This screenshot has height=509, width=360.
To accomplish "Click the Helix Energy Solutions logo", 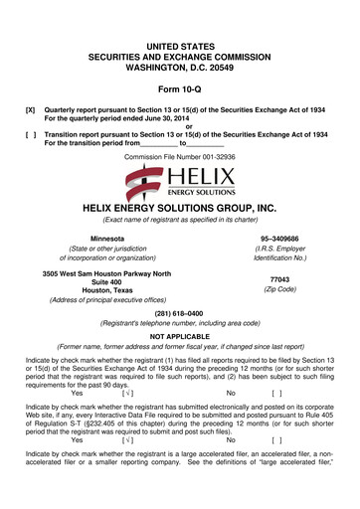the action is [x=179, y=180].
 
